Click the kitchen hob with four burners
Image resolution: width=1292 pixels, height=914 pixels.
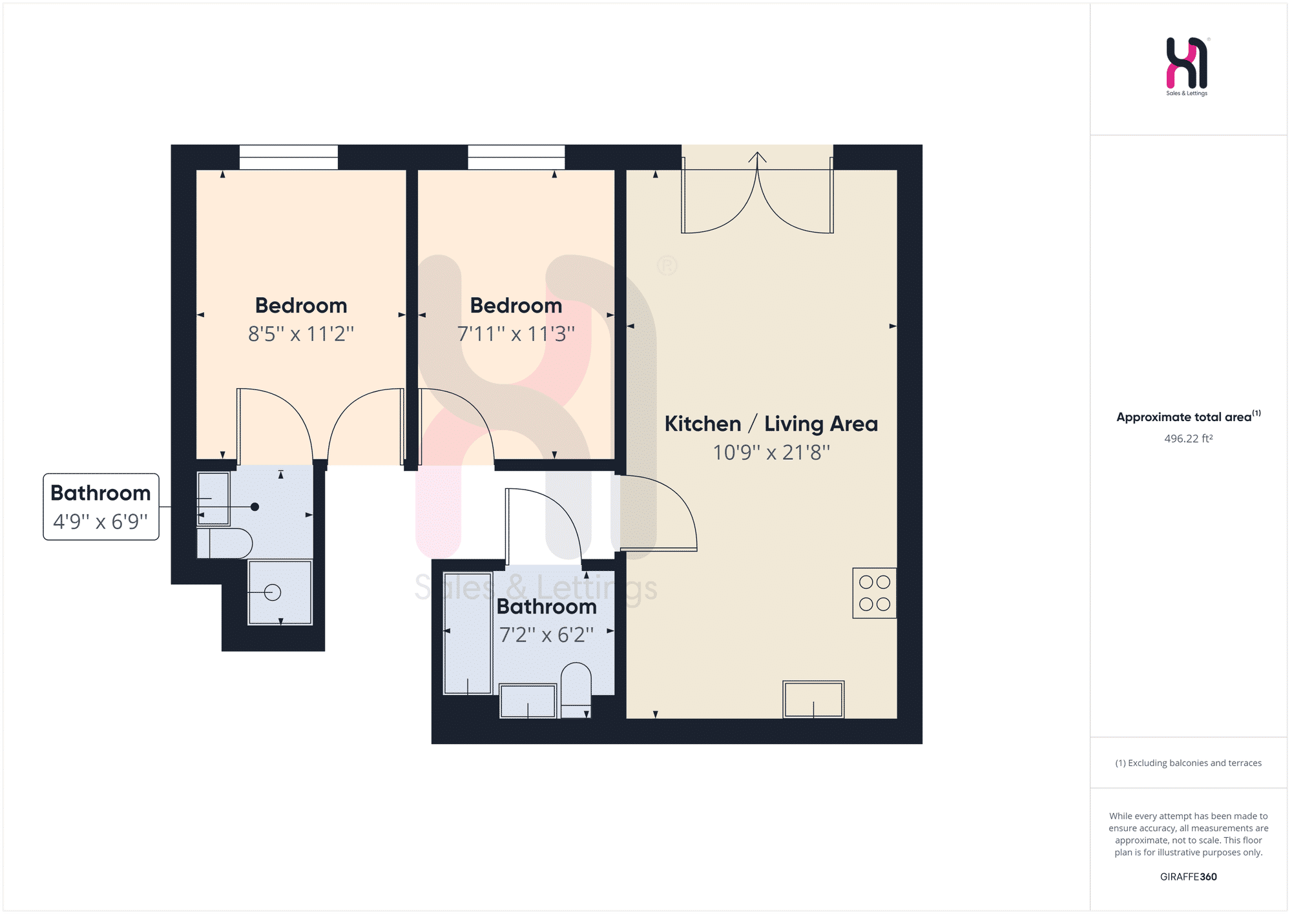[x=874, y=593]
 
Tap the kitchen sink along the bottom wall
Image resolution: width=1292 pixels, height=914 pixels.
[x=813, y=699]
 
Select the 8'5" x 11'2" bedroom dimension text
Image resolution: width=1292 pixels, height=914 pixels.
[x=301, y=334]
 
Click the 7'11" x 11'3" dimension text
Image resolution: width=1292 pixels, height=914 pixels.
[x=516, y=334]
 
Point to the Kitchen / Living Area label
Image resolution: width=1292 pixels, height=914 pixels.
[x=771, y=424]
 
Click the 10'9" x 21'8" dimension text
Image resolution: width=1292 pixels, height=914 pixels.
[x=771, y=452]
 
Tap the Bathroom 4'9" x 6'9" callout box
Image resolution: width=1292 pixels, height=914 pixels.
[x=101, y=507]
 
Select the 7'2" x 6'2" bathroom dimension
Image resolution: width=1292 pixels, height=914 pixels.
[x=547, y=635]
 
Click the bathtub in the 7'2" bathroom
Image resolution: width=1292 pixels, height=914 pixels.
[x=468, y=633]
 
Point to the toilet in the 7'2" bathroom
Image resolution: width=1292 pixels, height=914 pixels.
[x=576, y=690]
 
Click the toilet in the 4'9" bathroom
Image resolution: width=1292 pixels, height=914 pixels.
[x=224, y=543]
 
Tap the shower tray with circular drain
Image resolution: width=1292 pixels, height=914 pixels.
[x=280, y=592]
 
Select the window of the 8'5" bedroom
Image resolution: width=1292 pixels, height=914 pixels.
[x=289, y=157]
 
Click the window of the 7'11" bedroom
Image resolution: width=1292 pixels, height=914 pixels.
[x=516, y=157]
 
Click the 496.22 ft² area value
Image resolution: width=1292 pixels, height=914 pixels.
[x=1189, y=439]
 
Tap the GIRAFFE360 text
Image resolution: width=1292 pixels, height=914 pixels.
[x=1189, y=877]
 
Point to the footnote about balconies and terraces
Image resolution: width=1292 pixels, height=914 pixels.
[x=1189, y=763]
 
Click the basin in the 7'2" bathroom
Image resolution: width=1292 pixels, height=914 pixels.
[x=528, y=701]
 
